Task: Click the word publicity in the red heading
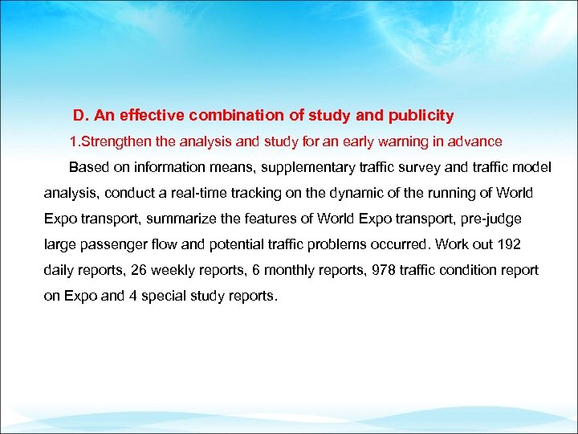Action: point(422,116)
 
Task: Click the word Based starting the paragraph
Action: point(86,167)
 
